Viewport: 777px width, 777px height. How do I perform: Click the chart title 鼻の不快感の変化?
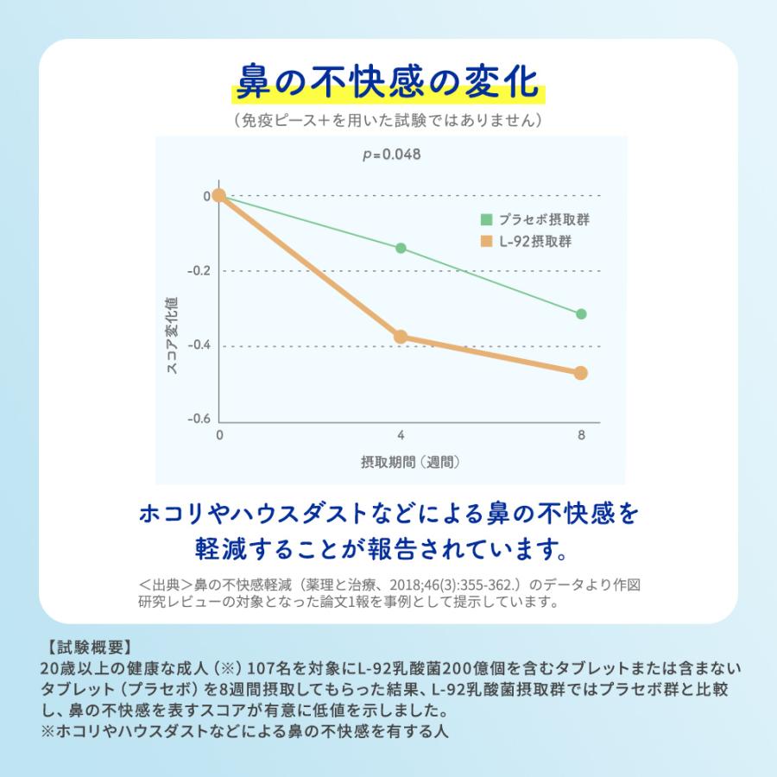[x=388, y=85]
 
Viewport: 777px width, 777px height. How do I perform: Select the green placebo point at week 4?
[x=401, y=248]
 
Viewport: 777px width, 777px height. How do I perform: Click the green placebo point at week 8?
[x=581, y=313]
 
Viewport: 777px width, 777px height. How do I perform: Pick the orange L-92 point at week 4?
[x=401, y=336]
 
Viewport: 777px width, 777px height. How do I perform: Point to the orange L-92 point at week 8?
[x=581, y=373]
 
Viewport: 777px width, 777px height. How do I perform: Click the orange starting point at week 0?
[x=219, y=195]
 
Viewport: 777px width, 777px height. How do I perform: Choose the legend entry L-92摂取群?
[x=534, y=242]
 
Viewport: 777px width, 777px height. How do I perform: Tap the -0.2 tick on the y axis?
[x=199, y=271]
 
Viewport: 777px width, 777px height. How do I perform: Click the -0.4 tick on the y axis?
[x=199, y=345]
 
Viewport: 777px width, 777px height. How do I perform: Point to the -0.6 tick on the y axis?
[x=199, y=419]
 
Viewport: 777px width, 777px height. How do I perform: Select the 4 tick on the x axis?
[x=401, y=435]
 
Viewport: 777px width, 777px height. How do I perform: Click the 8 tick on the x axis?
[x=581, y=435]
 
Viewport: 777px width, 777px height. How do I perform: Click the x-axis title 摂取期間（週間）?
[x=409, y=462]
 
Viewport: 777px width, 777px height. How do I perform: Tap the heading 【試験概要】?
[x=85, y=647]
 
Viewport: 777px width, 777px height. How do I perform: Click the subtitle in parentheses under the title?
[x=388, y=120]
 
